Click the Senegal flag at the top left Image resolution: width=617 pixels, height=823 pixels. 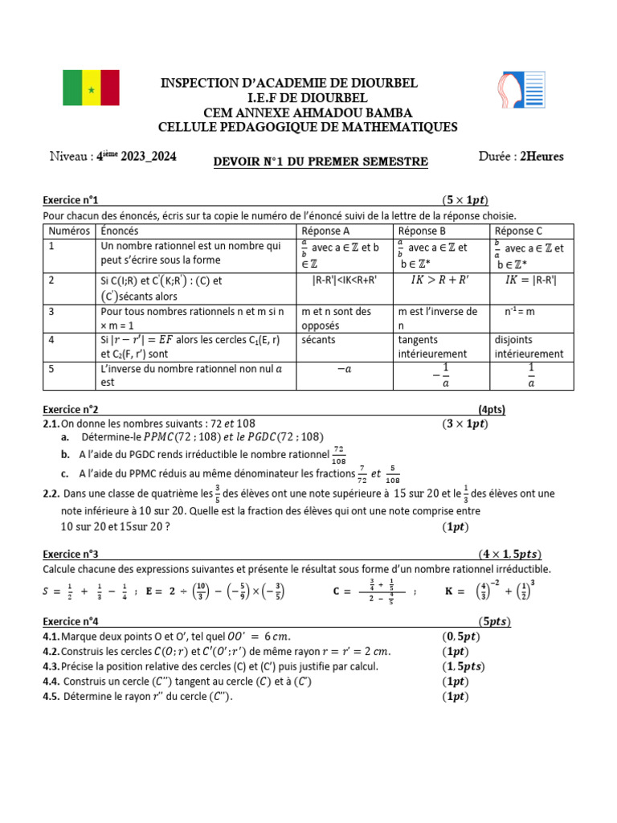pyautogui.click(x=91, y=88)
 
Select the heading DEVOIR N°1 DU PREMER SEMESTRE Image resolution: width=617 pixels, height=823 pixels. pyautogui.click(x=320, y=162)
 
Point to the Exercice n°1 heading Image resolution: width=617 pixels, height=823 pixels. pyautogui.click(x=70, y=200)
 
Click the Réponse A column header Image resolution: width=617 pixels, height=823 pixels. pyautogui.click(x=321, y=231)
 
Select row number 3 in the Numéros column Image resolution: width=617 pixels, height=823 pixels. pyautogui.click(x=51, y=311)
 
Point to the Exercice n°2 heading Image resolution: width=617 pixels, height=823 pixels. pyautogui.click(x=70, y=410)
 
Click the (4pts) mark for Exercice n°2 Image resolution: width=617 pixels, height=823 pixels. pyautogui.click(x=492, y=410)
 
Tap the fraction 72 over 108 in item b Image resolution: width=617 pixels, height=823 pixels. pyautogui.click(x=338, y=455)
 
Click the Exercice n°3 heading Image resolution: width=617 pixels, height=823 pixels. pyautogui.click(x=70, y=555)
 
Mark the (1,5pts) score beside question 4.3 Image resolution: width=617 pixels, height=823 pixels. pyautogui.click(x=464, y=666)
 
